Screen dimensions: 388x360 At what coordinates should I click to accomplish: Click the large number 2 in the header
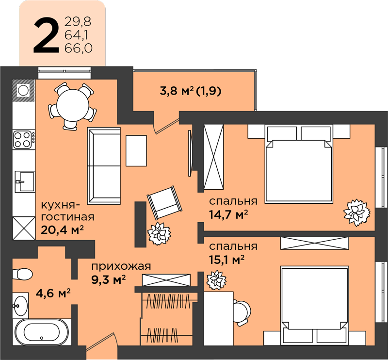coord(46,35)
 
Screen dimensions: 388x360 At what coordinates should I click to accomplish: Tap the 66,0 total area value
coord(78,48)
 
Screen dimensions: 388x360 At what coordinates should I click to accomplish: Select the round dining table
coord(73,105)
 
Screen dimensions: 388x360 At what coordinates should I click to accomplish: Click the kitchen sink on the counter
coord(25,181)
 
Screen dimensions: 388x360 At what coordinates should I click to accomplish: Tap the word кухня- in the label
coord(60,205)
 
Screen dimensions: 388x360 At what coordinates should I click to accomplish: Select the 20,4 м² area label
coord(62,230)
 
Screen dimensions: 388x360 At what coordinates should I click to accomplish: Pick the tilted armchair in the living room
coord(164,202)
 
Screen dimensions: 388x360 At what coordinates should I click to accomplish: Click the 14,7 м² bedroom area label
coord(228,214)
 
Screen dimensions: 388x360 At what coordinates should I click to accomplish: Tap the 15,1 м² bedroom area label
coord(227,260)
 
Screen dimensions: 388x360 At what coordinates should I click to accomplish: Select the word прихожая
coord(121,267)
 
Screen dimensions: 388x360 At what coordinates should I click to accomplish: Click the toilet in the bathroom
coord(22,274)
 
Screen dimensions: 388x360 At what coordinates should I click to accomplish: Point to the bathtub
coord(42,332)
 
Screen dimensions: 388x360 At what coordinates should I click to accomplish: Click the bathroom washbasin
coord(20,306)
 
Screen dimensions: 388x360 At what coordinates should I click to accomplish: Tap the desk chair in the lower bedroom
coord(242,312)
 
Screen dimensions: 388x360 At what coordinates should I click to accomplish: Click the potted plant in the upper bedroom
coord(356,212)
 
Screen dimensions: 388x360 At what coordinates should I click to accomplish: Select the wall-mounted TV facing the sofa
coord(190,153)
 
